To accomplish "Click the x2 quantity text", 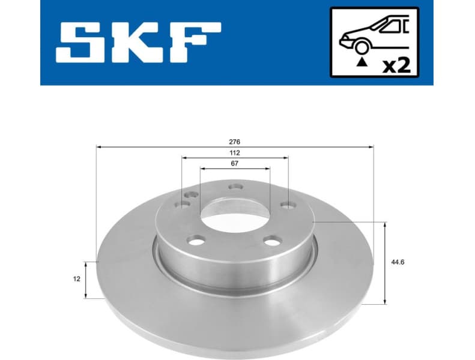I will [397, 64].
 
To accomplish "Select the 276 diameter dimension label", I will [234, 142].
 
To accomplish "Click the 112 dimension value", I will [235, 153].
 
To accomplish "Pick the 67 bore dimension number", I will [235, 164].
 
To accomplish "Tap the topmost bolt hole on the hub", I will [235, 186].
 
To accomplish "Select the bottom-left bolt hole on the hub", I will [195, 241].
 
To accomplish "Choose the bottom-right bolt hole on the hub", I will [273, 241].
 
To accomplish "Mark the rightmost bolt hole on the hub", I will [288, 206].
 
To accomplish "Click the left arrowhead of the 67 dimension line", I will [202, 169].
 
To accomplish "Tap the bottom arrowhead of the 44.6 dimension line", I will [384, 301].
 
